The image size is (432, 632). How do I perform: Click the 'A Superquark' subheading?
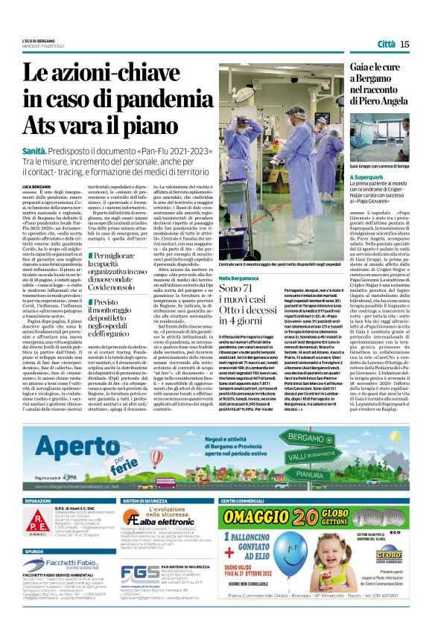pyautogui.click(x=371, y=178)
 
